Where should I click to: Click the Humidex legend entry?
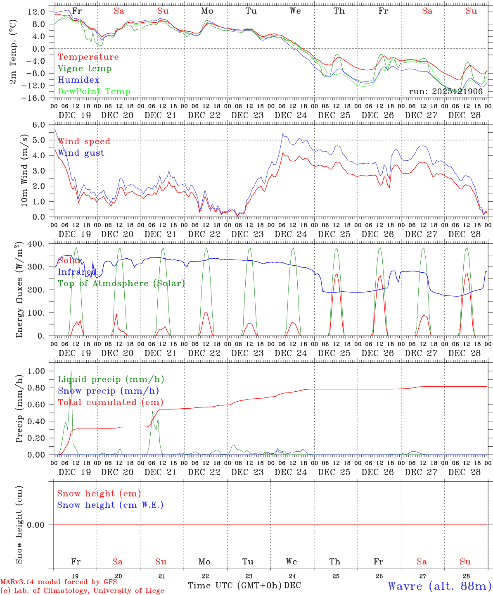tap(78, 80)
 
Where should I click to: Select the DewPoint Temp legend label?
tap(94, 92)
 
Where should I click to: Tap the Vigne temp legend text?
tap(85, 69)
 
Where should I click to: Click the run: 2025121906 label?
tap(446, 92)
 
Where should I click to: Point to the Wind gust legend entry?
tap(81, 153)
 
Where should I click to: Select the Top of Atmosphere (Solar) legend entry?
tap(121, 283)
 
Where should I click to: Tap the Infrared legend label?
tap(77, 272)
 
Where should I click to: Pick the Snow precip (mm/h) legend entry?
tap(108, 391)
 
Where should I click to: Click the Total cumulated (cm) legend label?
tap(110, 402)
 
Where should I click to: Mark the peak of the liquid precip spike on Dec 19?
tap(71, 371)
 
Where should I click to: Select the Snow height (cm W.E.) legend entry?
tap(110, 505)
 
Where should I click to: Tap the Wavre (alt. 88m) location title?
tap(440, 586)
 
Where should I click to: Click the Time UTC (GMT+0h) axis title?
tap(235, 585)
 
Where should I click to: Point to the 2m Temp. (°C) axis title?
tap(13, 52)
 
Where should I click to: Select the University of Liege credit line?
tap(82, 591)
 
